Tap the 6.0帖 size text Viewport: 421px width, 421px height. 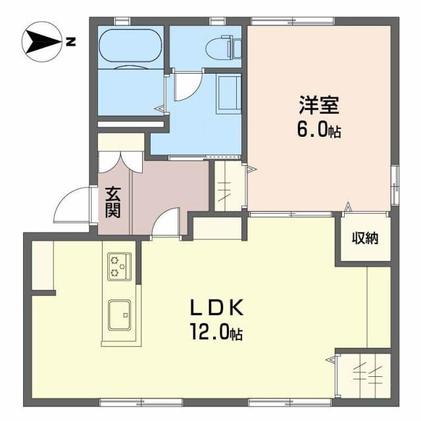coord(320,130)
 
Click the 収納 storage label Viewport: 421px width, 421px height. coord(364,239)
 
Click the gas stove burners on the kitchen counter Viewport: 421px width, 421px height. coord(119,266)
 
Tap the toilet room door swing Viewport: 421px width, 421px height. coord(187,87)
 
